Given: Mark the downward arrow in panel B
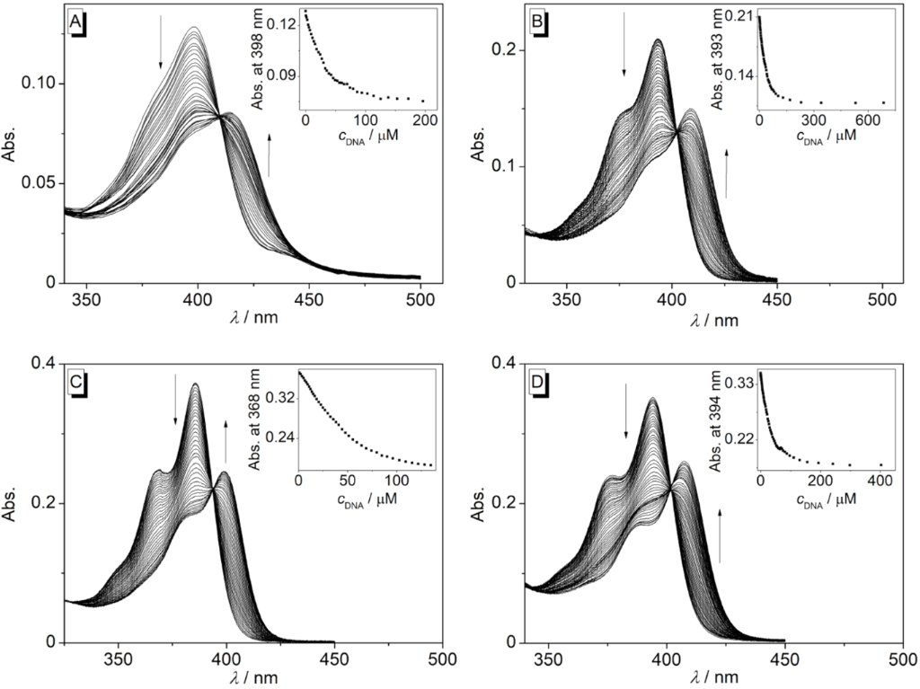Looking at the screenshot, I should click(624, 50).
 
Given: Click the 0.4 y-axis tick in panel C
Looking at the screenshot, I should click(44, 363).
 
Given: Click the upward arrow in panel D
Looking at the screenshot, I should click(719, 534).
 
